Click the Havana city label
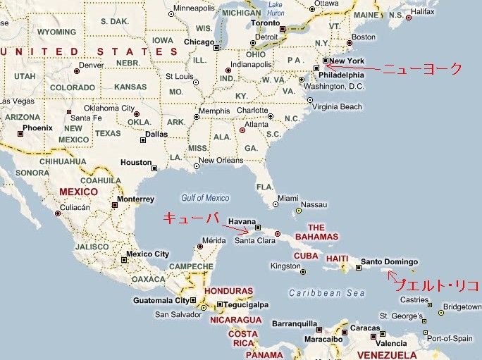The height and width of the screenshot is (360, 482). [x=242, y=221]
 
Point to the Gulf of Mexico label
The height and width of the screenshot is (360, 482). [x=206, y=198]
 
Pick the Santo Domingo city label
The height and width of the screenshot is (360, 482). [x=389, y=262]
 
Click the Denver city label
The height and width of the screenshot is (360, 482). [x=91, y=65]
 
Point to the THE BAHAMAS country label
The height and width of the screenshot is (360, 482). [x=316, y=232]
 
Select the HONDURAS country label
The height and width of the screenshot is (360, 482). [x=228, y=291]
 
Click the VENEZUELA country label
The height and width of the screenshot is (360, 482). [x=388, y=354]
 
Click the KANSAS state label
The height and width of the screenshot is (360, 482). [x=130, y=87]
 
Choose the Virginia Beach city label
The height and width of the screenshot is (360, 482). [x=338, y=107]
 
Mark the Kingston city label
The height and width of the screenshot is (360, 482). [x=285, y=266]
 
